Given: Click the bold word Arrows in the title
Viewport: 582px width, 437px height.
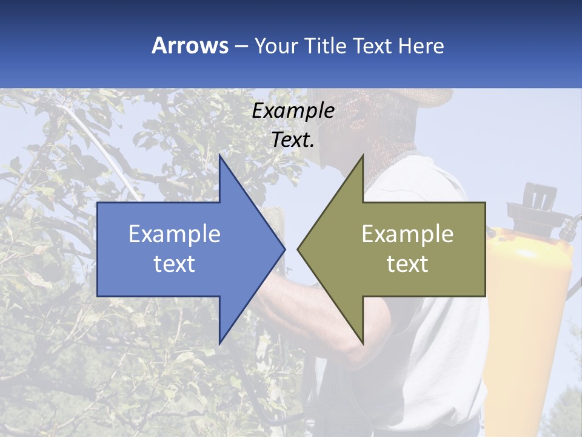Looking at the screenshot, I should [x=190, y=46].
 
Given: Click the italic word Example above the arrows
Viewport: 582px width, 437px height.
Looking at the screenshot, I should [x=293, y=110].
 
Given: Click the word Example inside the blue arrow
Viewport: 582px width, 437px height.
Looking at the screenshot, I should [x=175, y=234].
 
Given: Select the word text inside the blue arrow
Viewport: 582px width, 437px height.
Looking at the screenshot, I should [x=175, y=264].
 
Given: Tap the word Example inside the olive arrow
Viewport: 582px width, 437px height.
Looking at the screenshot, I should [x=407, y=234].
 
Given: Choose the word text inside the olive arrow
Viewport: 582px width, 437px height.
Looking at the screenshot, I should [x=407, y=264].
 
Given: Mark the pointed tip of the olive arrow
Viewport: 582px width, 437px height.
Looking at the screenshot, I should [x=298, y=249].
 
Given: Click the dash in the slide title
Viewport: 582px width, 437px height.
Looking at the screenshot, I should [x=241, y=46].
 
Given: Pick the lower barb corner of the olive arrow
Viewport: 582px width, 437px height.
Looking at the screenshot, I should [x=363, y=343].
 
